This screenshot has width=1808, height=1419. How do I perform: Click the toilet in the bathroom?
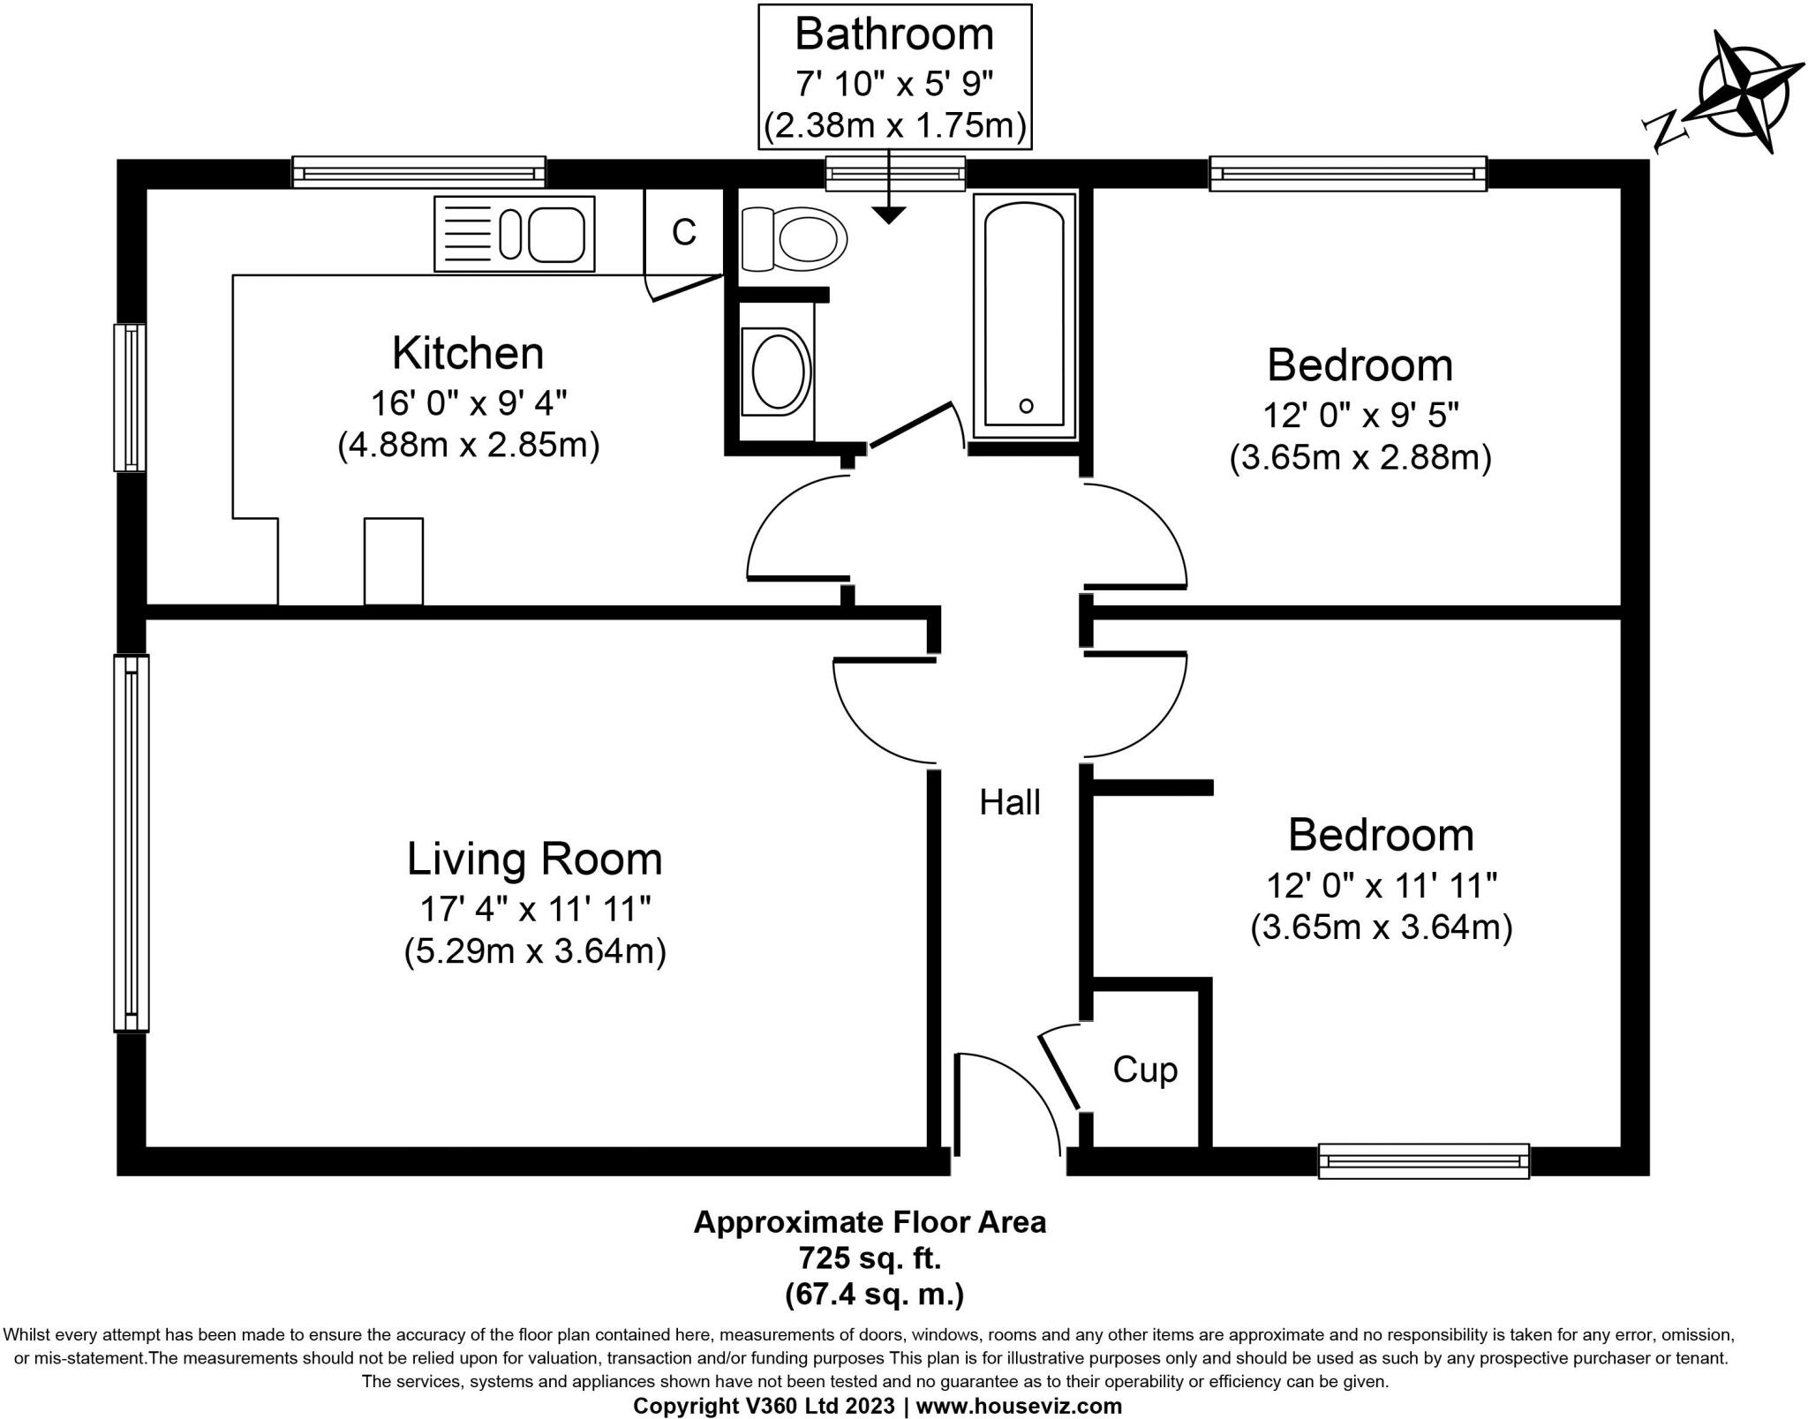click(x=794, y=238)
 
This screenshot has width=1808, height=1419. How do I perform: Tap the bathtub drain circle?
click(x=1026, y=406)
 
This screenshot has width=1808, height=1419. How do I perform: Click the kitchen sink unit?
click(x=515, y=234)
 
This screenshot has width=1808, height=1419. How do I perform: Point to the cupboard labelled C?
click(x=684, y=232)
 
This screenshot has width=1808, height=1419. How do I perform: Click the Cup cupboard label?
click(x=1145, y=1070)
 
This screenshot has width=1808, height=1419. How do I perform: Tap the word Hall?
click(x=1010, y=802)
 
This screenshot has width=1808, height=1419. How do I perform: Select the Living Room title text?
click(x=534, y=859)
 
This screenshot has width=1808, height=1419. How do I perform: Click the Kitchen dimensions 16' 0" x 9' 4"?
click(x=468, y=403)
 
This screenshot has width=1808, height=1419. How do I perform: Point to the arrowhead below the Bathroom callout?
click(x=889, y=214)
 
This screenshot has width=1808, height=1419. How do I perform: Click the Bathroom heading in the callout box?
click(x=894, y=34)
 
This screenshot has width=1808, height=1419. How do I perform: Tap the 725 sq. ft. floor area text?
click(x=870, y=1257)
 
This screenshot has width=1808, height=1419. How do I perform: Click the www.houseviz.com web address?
click(x=1019, y=1406)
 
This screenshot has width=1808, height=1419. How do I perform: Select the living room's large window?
click(x=131, y=843)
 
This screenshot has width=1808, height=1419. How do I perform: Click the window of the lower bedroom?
click(x=1423, y=1160)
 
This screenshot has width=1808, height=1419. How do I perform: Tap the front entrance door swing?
click(x=1006, y=1103)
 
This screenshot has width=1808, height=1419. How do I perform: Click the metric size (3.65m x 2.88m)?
click(x=1360, y=458)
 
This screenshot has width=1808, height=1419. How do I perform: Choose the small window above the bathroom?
click(x=895, y=173)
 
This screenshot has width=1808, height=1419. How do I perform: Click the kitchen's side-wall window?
click(x=130, y=397)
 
